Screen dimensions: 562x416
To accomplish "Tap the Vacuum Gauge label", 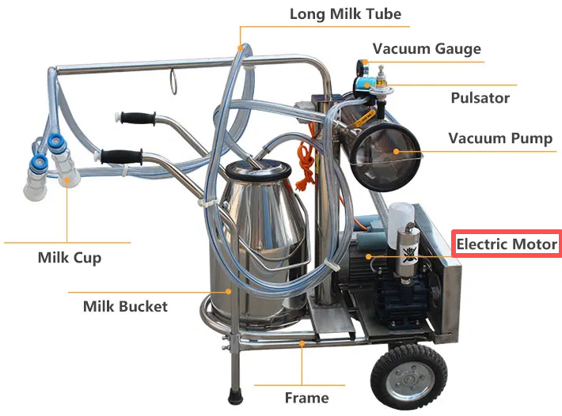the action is tap(427, 48).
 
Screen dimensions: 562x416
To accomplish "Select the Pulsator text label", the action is tap(480, 98).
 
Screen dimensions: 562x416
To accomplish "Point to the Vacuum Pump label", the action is tap(500, 138).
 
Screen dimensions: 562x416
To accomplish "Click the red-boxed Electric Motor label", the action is tap(507, 244).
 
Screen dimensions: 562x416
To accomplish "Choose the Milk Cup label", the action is tap(70, 258).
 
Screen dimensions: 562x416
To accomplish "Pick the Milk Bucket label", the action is tap(125, 305).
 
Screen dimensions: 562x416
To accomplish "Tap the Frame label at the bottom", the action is tap(306, 397).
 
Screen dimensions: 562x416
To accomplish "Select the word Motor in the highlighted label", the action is tap(534, 244).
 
